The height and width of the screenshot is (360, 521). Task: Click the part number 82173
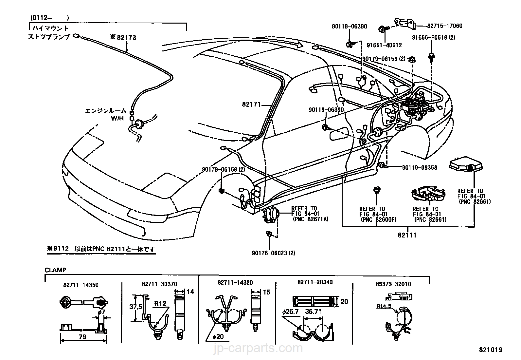click(x=126, y=38)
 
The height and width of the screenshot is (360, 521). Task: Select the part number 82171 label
click(x=251, y=104)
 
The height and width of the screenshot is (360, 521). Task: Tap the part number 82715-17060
click(x=444, y=26)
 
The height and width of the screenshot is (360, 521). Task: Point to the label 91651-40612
click(x=384, y=45)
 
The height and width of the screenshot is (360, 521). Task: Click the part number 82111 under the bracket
click(x=407, y=235)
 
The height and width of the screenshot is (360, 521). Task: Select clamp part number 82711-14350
click(x=81, y=285)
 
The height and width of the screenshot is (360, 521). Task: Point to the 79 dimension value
click(x=83, y=336)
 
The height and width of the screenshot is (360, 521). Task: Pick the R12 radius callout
click(x=160, y=303)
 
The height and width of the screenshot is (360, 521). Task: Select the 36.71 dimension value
click(x=313, y=311)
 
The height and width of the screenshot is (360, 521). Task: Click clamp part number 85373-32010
click(x=398, y=284)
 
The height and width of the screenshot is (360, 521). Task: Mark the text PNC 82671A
click(x=310, y=219)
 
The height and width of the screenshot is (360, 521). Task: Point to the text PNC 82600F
click(x=378, y=219)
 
